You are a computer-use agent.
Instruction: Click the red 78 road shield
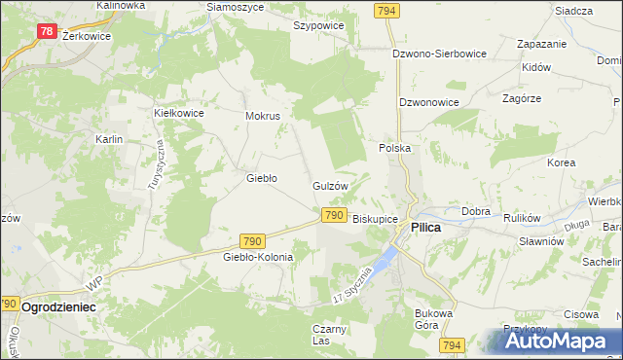pos(47,31)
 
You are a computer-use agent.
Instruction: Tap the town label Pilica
pos(426,227)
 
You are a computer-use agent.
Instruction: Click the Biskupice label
pos(375,219)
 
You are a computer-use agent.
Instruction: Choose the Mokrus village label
pos(263,116)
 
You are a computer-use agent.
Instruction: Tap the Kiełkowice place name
pos(178,113)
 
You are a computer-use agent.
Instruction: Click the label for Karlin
pos(108,140)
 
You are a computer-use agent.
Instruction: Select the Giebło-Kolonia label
pos(258,257)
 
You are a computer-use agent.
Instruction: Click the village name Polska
pos(394,148)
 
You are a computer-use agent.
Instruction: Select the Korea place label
pos(561,162)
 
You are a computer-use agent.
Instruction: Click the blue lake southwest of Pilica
pos(386,258)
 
